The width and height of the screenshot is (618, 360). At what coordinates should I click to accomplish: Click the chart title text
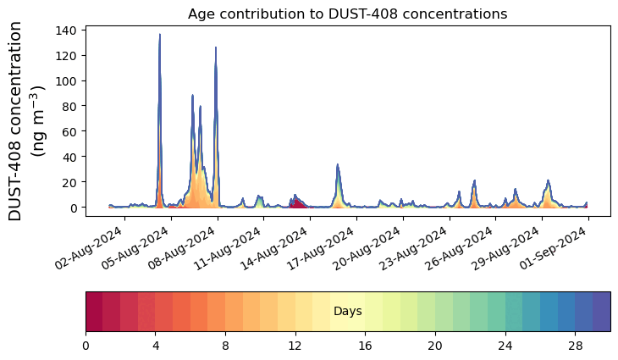pyautogui.click(x=347, y=14)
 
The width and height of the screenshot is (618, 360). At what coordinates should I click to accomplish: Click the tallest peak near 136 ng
pyautogui.click(x=159, y=36)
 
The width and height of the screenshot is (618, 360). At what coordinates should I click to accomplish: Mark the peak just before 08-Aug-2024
pyautogui.click(x=216, y=49)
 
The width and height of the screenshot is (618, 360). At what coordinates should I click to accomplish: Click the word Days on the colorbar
pyautogui.click(x=347, y=312)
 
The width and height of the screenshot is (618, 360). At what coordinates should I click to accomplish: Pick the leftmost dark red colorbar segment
pyautogui.click(x=94, y=312)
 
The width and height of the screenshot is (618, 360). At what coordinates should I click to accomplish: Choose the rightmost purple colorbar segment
pyautogui.click(x=601, y=312)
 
